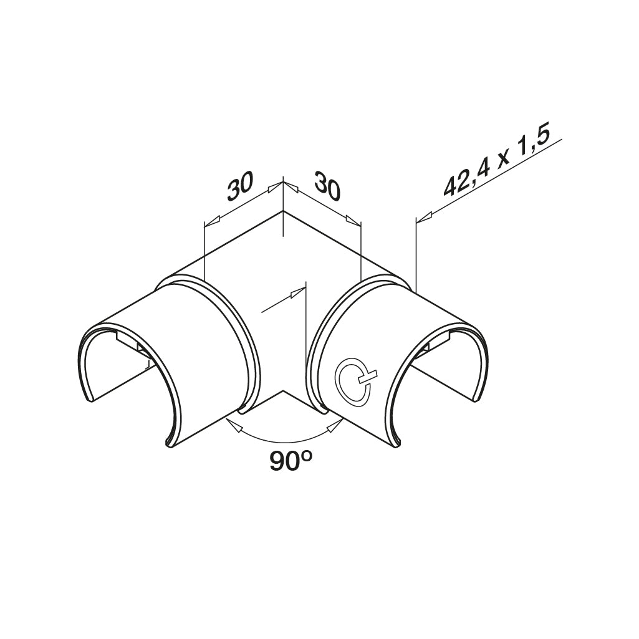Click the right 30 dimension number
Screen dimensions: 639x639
click(x=327, y=186)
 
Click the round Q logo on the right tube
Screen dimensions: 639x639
click(x=353, y=378)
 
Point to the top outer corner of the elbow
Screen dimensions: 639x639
click(x=282, y=212)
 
